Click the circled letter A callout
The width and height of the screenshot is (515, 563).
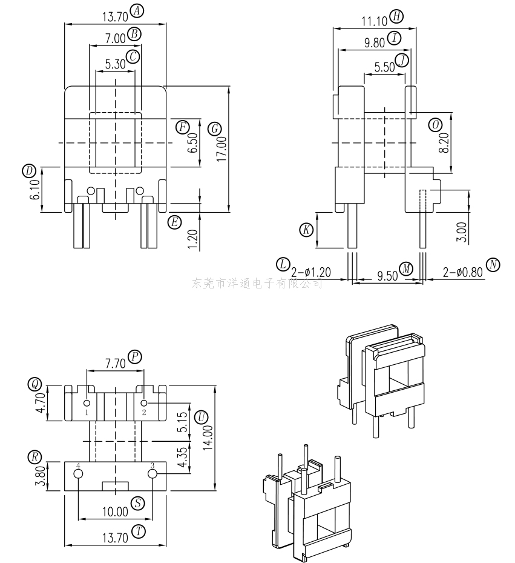tap(137, 11)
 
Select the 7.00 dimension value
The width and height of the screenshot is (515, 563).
tap(115, 38)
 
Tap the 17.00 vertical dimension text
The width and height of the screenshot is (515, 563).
tap(222, 148)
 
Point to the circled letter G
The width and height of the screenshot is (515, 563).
tap(215, 128)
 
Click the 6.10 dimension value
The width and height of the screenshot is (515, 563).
tap(36, 190)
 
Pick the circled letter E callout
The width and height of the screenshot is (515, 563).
tap(174, 222)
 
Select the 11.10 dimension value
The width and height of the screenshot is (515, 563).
tap(375, 22)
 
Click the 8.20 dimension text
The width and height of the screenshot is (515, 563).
tap(444, 143)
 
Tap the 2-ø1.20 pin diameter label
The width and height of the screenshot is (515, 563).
tap(311, 272)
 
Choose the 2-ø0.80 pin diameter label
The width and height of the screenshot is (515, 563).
tap(462, 273)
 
